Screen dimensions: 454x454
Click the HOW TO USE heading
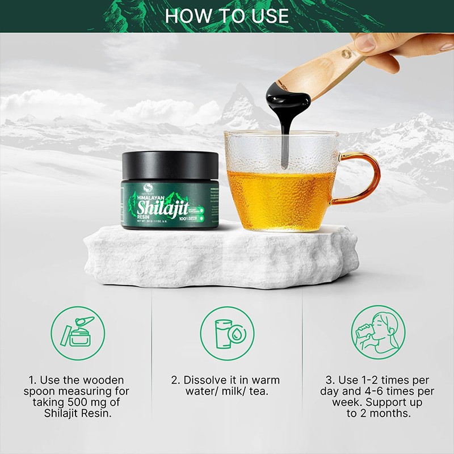coord(227,16)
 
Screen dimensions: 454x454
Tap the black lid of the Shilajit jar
coord(170,165)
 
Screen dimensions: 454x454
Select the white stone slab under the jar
coord(221,255)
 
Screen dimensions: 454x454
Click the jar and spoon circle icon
coord(78,333)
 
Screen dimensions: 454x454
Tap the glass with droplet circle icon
coord(227,333)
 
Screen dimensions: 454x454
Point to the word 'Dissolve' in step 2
coord(205,380)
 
